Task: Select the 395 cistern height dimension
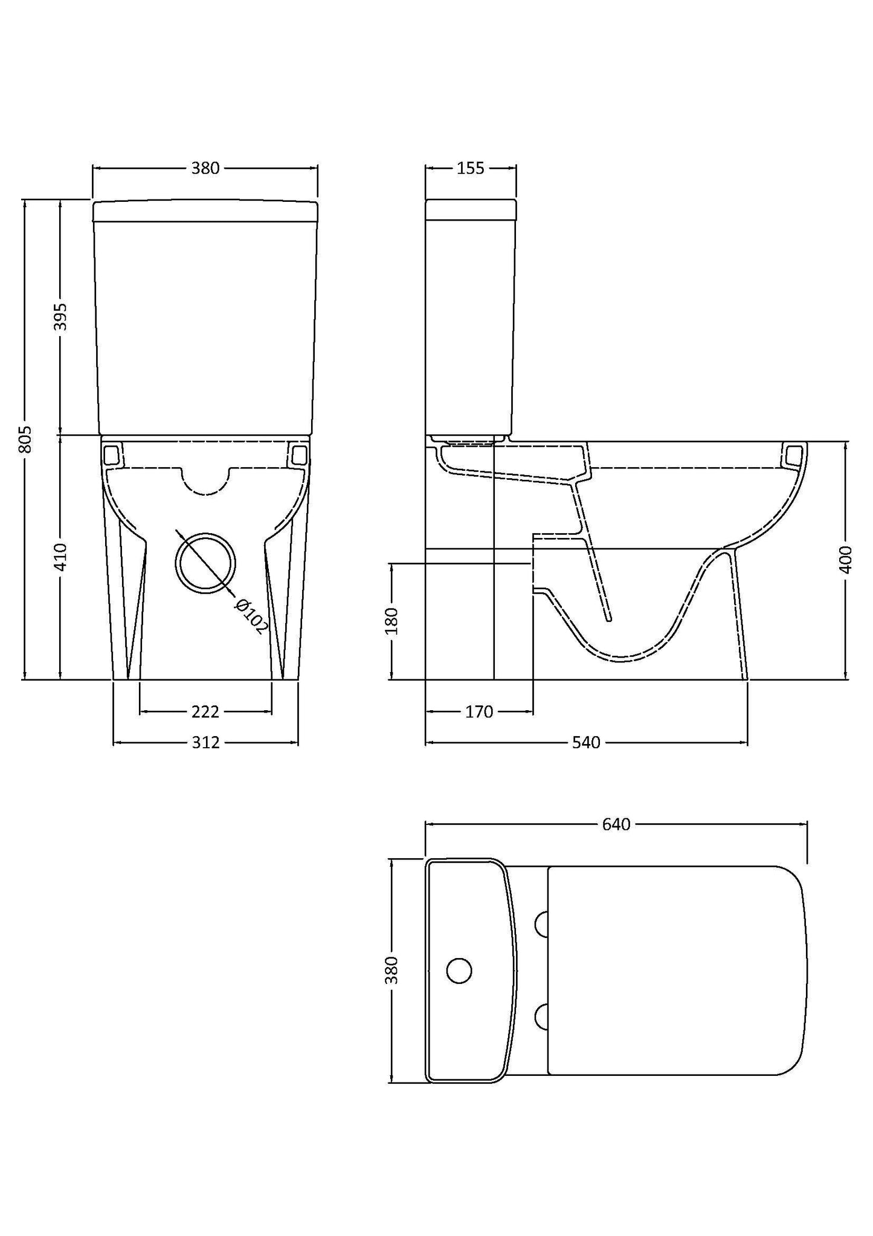60,316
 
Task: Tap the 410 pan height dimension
60,557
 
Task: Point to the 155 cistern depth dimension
470,169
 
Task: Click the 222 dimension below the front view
205,712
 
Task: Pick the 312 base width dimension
205,742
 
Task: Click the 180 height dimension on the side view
391,621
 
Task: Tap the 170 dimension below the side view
479,712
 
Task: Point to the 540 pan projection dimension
586,742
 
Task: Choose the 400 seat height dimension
846,560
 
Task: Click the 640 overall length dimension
616,824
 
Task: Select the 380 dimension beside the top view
392,970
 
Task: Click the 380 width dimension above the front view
205,169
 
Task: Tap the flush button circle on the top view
459,970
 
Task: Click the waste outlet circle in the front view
205,563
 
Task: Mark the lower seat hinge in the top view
542,1016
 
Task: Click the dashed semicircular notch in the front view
205,480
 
